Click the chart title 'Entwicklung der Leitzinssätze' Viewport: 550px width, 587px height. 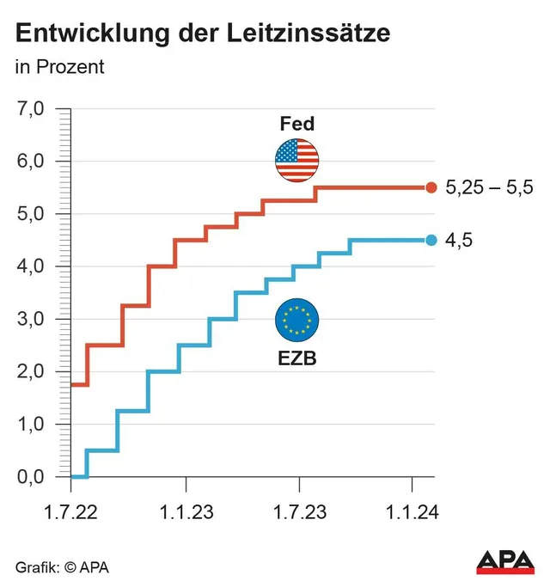(x=203, y=34)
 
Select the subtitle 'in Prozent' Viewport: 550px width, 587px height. (x=59, y=67)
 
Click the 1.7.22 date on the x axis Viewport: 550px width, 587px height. (x=70, y=512)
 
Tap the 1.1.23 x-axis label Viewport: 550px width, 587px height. (x=185, y=512)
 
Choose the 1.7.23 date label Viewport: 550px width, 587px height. (x=299, y=512)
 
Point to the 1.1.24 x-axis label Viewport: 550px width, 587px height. (x=413, y=512)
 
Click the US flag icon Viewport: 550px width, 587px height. (x=296, y=160)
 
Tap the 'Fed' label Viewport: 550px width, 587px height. (x=297, y=124)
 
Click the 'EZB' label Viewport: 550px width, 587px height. (x=296, y=359)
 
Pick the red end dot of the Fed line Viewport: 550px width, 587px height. (x=431, y=187)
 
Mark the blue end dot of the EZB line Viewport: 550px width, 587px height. (x=431, y=241)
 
